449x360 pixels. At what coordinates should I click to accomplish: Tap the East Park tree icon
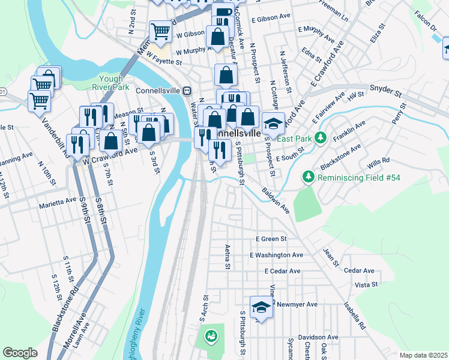click(x=321, y=138)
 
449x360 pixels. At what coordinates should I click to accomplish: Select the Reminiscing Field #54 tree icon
click(x=308, y=177)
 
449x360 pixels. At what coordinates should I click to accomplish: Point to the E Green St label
click(x=271, y=239)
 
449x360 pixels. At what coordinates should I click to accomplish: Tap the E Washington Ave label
click(x=277, y=255)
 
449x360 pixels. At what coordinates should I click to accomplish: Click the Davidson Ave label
click(x=319, y=337)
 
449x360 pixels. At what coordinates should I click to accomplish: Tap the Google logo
click(x=20, y=353)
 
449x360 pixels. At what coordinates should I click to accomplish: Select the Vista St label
click(x=366, y=284)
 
